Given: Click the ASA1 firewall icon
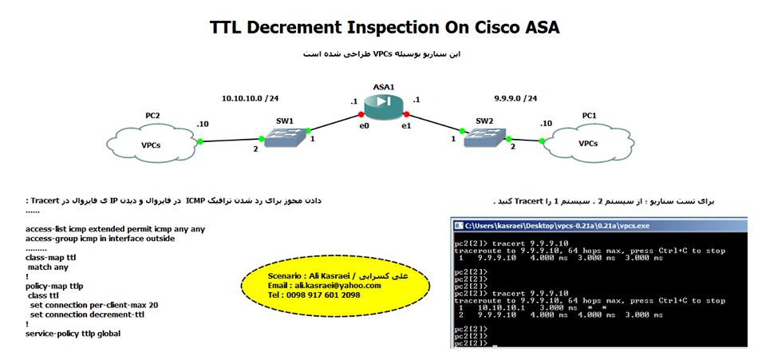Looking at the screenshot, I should [384, 103].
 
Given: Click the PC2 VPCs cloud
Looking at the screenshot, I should [152, 144].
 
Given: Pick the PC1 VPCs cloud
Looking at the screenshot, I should [588, 143].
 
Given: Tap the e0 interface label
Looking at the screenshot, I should [364, 125].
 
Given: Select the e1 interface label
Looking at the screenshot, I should [406, 125].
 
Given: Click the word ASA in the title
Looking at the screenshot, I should [535, 27].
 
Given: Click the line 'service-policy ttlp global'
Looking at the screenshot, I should [73, 334].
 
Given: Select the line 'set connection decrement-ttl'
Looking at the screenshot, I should [86, 315].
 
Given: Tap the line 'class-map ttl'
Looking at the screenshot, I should [51, 257].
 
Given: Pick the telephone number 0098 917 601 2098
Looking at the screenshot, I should [314, 295].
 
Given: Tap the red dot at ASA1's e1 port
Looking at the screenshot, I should [407, 114].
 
